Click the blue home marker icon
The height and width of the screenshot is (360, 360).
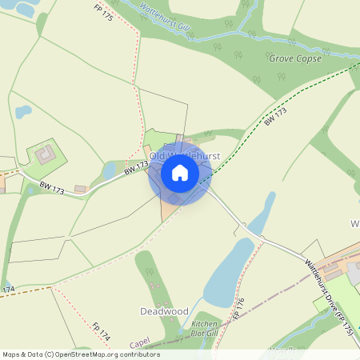tap(180, 173)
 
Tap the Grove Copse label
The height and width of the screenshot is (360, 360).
tap(295, 58)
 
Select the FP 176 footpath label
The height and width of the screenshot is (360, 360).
tap(238, 309)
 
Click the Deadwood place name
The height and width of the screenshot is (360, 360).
tap(164, 310)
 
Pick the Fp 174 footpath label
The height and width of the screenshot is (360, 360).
tap(100, 330)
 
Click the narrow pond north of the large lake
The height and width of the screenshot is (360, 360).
tap(262, 211)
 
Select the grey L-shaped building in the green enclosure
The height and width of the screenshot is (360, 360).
tap(45, 152)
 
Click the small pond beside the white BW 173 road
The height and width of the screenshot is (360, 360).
tap(110, 171)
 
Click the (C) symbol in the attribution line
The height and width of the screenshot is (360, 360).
tap(50, 354)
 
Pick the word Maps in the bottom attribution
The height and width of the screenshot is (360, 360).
tap(12, 354)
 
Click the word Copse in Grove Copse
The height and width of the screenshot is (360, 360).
tap(308, 58)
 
